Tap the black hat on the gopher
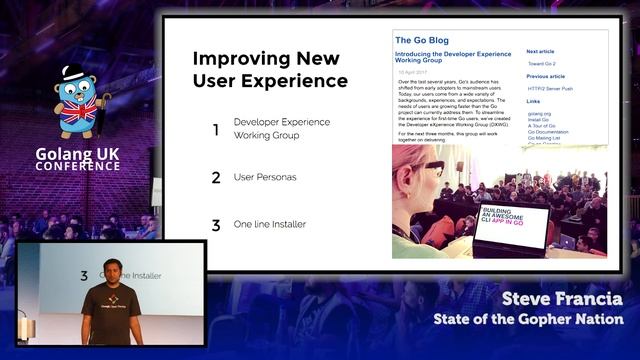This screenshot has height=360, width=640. (x=76, y=73)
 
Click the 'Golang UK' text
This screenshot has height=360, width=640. (x=78, y=151)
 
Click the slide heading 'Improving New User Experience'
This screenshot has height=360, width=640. (x=270, y=69)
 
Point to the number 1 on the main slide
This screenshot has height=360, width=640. (x=215, y=129)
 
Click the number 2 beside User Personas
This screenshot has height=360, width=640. (x=215, y=178)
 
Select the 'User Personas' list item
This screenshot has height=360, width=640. (x=264, y=178)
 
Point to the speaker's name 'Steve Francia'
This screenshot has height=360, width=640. (x=562, y=299)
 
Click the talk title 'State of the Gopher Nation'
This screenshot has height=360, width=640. (x=528, y=319)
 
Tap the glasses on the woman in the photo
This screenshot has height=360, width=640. (x=421, y=167)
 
